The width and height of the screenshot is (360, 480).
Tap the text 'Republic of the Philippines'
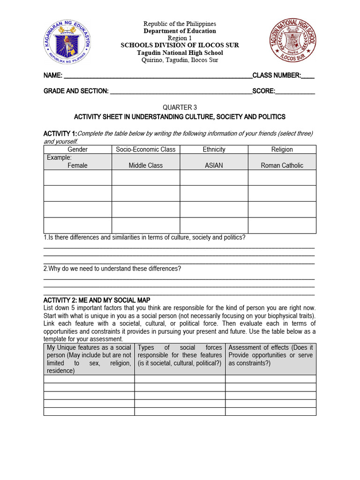(x=180, y=24)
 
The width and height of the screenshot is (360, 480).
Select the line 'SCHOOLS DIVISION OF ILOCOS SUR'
(x=180, y=45)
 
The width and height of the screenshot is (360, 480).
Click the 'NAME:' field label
(x=53, y=75)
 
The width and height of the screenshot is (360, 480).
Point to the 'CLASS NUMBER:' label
(x=277, y=75)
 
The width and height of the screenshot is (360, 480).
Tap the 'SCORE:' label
(x=264, y=91)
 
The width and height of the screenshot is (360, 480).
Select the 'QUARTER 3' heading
(x=180, y=107)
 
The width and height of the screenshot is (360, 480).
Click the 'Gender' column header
(x=78, y=150)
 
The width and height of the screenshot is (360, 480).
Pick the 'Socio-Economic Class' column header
(x=146, y=150)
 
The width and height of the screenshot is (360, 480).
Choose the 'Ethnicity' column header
(x=214, y=150)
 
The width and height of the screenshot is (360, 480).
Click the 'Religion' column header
(x=282, y=150)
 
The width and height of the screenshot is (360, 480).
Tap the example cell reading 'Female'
(x=78, y=165)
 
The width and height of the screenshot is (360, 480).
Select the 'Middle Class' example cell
(x=146, y=165)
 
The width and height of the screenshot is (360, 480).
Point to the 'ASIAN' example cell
(x=214, y=165)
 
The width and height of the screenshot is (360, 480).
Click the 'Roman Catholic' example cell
(x=282, y=165)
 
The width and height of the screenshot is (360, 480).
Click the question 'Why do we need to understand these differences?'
(x=112, y=269)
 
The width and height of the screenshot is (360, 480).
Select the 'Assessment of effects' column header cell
(x=270, y=359)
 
